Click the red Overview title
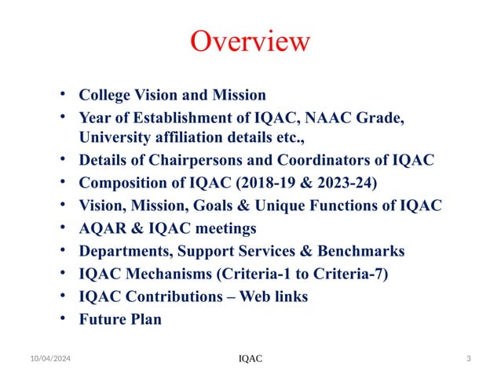251,41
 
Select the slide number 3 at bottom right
468,359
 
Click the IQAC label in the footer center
251,359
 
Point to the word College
106,95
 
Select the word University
115,137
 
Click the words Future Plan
120,319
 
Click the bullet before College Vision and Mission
63,95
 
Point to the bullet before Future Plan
63,319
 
